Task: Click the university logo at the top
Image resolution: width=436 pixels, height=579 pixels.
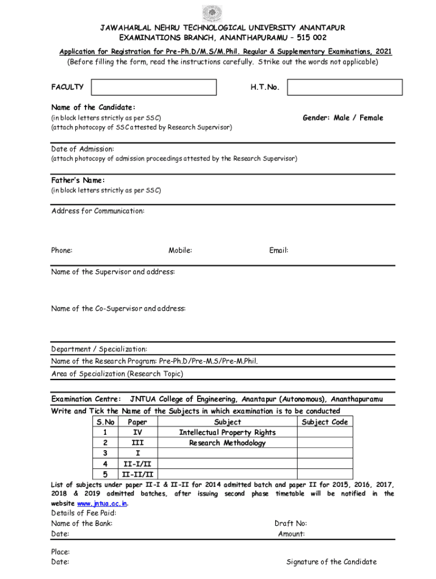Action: (x=212, y=12)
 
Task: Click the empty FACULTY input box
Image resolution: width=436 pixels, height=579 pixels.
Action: (x=153, y=87)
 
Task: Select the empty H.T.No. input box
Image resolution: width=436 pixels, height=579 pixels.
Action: (x=344, y=87)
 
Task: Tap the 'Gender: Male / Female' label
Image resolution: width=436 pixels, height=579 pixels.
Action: (x=343, y=118)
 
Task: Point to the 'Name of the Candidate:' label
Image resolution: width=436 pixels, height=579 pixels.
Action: (x=93, y=107)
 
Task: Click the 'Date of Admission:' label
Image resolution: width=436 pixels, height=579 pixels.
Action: (x=83, y=149)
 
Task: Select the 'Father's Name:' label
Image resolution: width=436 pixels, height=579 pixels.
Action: (x=78, y=180)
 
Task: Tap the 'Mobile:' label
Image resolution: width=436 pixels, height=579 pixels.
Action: (x=180, y=250)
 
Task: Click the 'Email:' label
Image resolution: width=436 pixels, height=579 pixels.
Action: (x=279, y=250)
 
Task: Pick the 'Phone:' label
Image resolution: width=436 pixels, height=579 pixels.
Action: (x=62, y=250)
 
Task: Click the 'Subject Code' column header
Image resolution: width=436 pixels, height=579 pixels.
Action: (x=324, y=422)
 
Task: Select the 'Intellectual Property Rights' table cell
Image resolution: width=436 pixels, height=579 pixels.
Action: (x=228, y=433)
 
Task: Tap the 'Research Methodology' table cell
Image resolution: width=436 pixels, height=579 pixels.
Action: (x=228, y=443)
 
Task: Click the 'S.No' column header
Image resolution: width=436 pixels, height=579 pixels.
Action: (x=106, y=422)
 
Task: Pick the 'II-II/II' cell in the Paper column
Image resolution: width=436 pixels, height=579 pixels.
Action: (x=138, y=474)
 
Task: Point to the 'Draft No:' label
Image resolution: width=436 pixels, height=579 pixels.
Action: (x=290, y=524)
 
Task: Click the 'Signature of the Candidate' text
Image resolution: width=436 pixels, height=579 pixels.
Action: (x=331, y=561)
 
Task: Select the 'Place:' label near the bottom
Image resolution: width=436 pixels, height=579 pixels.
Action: (x=61, y=551)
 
